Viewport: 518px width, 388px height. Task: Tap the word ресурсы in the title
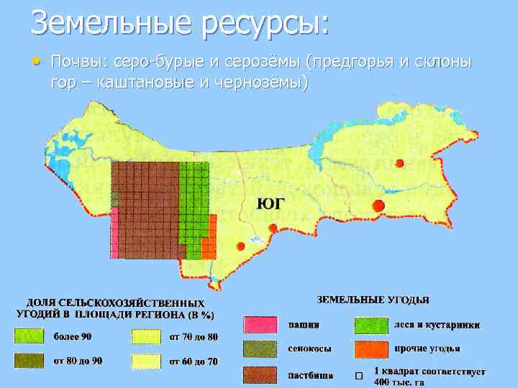click(x=264, y=24)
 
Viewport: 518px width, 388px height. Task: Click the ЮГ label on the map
click(x=270, y=204)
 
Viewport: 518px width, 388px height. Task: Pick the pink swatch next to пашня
click(x=260, y=325)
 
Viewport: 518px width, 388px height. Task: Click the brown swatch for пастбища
click(x=260, y=374)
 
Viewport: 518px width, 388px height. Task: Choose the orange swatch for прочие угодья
click(x=371, y=350)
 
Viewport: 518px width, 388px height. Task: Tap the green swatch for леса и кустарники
click(x=371, y=325)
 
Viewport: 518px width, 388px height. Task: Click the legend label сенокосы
click(x=309, y=350)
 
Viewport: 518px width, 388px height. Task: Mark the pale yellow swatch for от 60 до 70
click(x=146, y=361)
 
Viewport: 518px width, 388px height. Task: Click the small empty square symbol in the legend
click(x=358, y=377)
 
